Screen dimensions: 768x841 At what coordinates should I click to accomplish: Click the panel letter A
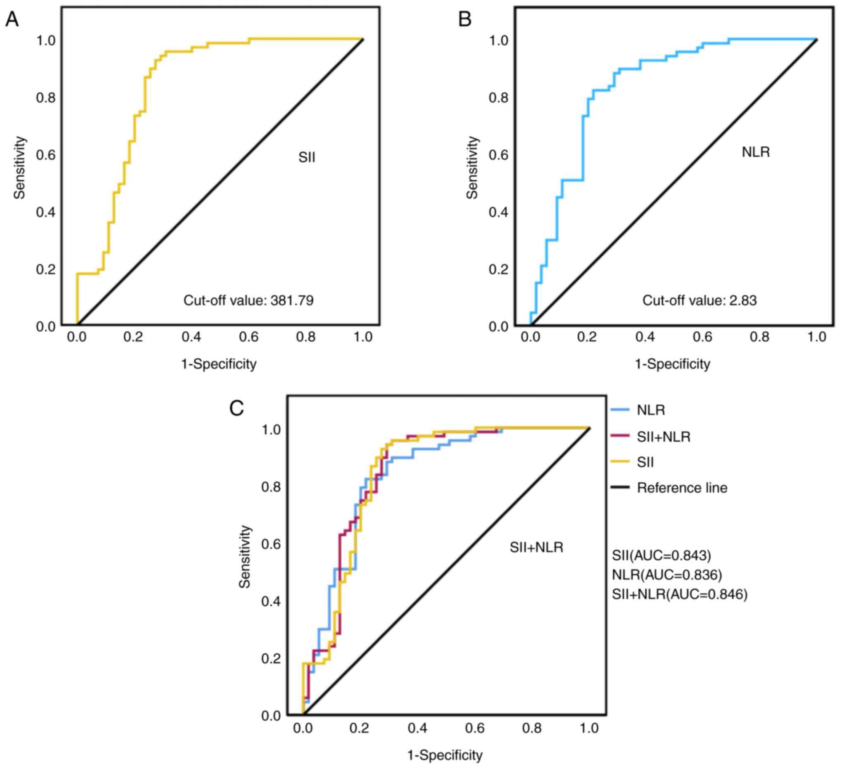click(x=12, y=19)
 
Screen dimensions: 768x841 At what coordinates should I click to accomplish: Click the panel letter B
click(x=465, y=19)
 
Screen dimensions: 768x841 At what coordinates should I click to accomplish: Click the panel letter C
click(x=237, y=408)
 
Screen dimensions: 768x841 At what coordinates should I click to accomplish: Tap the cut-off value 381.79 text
click(x=249, y=300)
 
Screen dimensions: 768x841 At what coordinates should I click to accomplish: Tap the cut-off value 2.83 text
click(x=699, y=300)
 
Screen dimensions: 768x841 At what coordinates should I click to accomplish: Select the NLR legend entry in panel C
click(x=650, y=410)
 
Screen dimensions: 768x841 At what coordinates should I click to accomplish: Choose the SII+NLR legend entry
click(x=663, y=437)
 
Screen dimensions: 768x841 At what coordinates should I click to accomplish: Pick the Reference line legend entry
click(x=682, y=488)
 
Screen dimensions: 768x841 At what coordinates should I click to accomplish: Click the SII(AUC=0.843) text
click(x=661, y=555)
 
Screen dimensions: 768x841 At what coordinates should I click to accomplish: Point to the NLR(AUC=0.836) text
click(x=667, y=575)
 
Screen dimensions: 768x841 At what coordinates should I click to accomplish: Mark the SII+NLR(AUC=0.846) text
click(x=680, y=594)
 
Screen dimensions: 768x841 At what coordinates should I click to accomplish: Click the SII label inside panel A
click(x=307, y=158)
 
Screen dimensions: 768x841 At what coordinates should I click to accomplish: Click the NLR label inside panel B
click(x=756, y=152)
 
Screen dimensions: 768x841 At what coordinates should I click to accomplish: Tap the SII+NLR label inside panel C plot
click(x=536, y=547)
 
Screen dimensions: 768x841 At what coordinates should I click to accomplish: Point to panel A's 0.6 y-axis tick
click(x=46, y=155)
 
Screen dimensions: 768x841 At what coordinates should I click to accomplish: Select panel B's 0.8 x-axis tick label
click(x=759, y=337)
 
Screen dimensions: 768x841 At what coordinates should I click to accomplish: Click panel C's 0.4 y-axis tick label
click(x=271, y=602)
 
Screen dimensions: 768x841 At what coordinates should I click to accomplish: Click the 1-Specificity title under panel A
click(x=219, y=364)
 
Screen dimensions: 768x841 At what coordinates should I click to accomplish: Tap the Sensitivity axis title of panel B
click(x=473, y=168)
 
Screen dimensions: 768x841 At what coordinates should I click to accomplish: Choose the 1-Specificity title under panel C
click(x=445, y=755)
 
